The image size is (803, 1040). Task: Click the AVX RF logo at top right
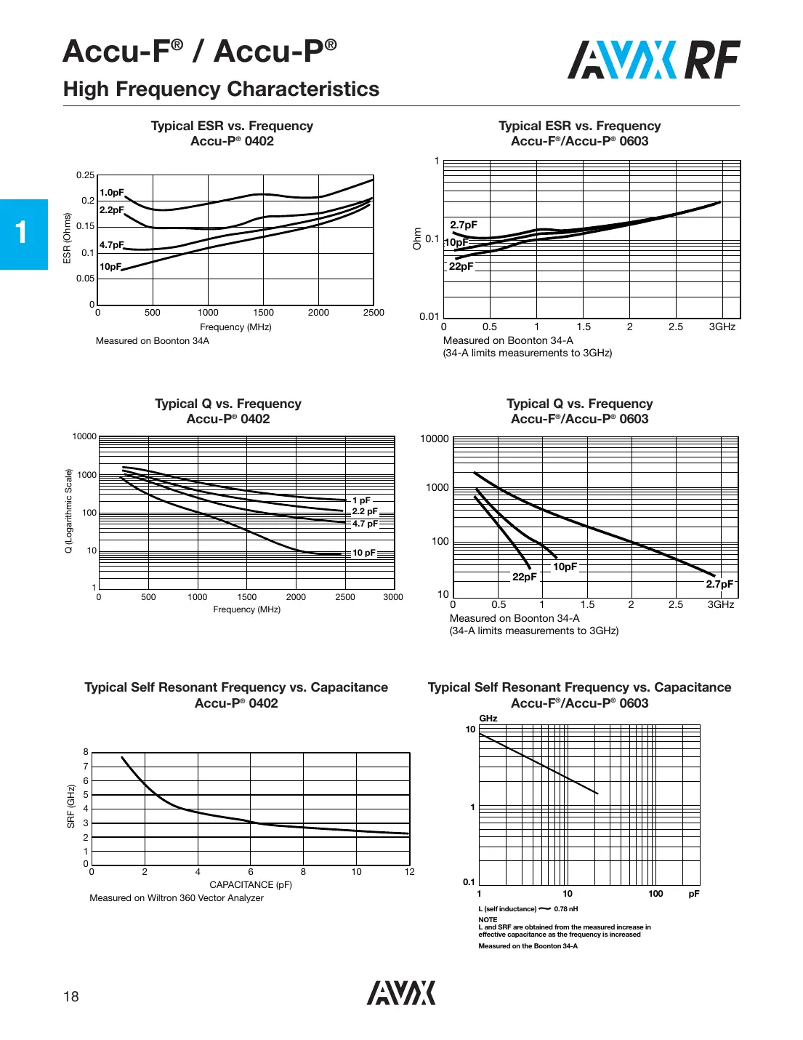pos(653,60)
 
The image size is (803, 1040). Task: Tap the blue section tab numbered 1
pos(23,233)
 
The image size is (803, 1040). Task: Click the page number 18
pos(70,996)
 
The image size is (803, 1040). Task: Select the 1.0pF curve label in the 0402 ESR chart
pos(112,193)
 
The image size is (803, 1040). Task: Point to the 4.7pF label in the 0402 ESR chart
pos(112,245)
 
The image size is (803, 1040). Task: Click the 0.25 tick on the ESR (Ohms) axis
pos(85,175)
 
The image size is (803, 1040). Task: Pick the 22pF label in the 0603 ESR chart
pos(461,266)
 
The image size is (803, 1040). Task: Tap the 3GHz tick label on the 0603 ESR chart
pos(722,327)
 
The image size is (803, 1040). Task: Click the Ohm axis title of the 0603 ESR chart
pos(417,239)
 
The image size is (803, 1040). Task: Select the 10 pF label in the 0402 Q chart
pos(364,553)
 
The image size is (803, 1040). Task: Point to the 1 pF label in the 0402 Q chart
pos(361,500)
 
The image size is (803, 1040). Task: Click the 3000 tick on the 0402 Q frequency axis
pos(393,597)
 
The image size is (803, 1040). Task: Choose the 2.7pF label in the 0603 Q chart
pos(719,584)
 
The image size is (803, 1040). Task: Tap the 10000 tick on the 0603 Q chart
pos(434,439)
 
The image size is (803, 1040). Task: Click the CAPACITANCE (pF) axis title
pos(251,885)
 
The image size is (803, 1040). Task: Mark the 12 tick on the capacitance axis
pos(410,872)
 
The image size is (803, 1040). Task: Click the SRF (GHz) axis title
pos(71,806)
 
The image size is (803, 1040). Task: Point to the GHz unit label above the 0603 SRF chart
pos(488,719)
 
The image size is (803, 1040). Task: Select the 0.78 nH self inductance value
pos(566,909)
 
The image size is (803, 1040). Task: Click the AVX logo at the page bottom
pos(401,993)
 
